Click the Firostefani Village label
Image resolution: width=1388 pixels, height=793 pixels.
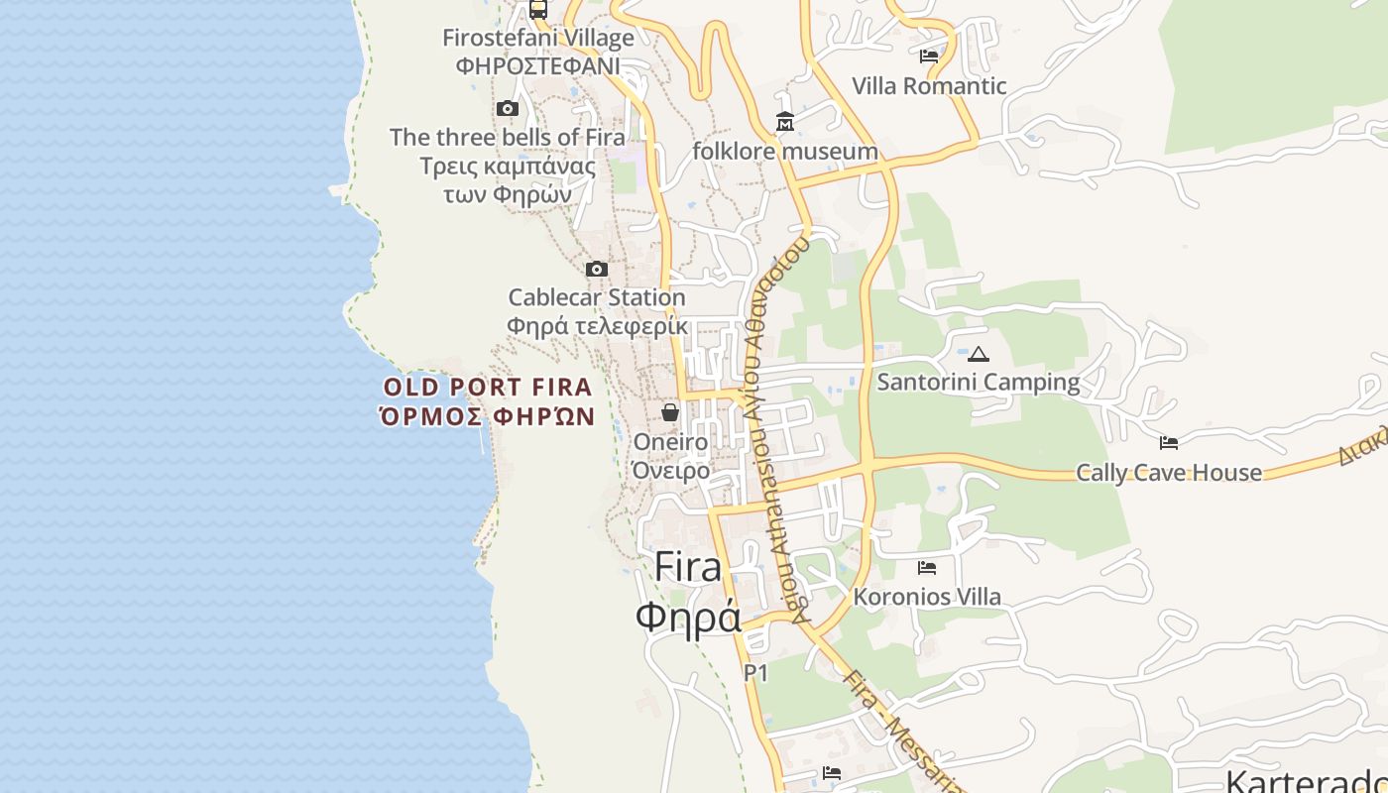pyautogui.click(x=537, y=39)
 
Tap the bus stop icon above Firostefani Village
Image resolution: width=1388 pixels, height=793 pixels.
pyautogui.click(x=537, y=9)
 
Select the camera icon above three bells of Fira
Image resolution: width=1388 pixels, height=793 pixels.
pyautogui.click(x=508, y=108)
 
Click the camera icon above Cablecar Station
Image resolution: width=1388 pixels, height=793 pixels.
pyautogui.click(x=596, y=269)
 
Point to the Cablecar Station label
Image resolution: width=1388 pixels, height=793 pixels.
pyautogui.click(x=597, y=297)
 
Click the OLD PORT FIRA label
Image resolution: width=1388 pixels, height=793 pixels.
pyautogui.click(x=488, y=388)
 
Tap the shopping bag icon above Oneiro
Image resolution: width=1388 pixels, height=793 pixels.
pyautogui.click(x=670, y=411)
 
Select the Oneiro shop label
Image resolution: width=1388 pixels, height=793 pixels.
pyautogui.click(x=671, y=442)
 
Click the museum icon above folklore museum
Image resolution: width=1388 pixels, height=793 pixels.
pyautogui.click(x=785, y=122)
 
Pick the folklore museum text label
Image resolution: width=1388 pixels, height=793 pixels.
pyautogui.click(x=785, y=152)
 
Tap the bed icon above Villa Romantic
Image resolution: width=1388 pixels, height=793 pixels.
pyautogui.click(x=929, y=56)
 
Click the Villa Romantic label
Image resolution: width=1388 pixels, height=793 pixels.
pyautogui.click(x=929, y=86)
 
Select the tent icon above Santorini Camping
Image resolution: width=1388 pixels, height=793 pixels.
pyautogui.click(x=979, y=354)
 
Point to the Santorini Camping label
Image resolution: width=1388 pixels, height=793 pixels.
pyautogui.click(x=979, y=382)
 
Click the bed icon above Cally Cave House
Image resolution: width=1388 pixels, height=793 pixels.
pyautogui.click(x=1169, y=442)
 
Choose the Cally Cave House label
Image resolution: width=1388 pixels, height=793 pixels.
pyautogui.click(x=1169, y=473)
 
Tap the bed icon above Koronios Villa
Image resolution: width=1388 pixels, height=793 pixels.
pyautogui.click(x=927, y=567)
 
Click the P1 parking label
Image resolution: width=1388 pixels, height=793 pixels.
pyautogui.click(x=756, y=673)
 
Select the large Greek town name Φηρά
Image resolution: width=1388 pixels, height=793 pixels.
pyautogui.click(x=688, y=617)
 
